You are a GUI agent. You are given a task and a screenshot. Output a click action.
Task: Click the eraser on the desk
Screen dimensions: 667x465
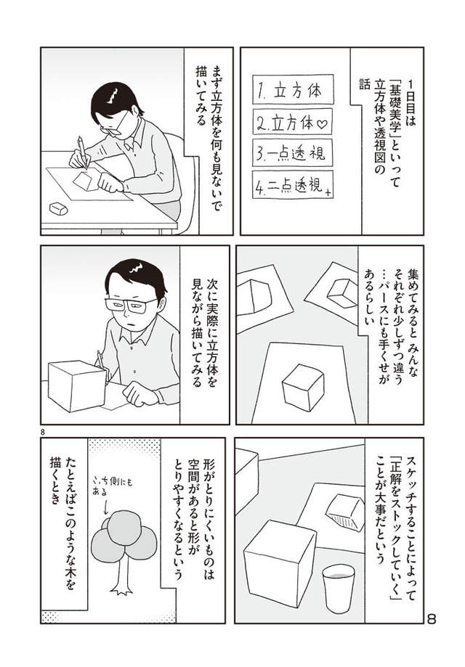(x=58, y=208)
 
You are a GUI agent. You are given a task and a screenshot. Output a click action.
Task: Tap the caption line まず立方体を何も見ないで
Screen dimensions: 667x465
(x=213, y=134)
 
